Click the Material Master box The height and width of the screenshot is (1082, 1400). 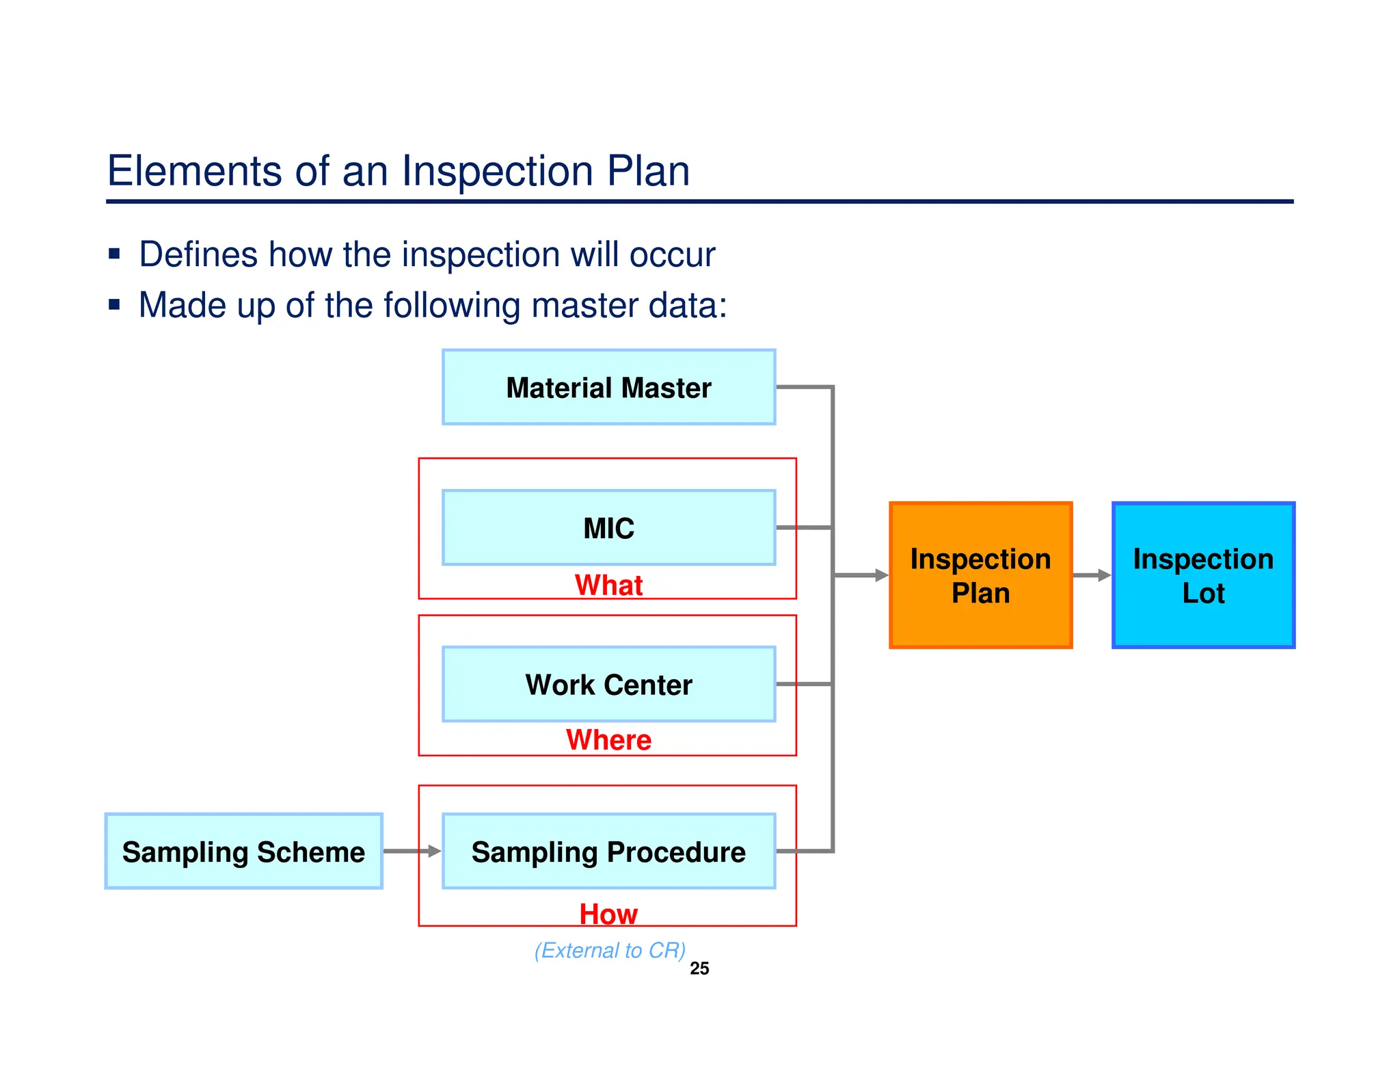coord(608,388)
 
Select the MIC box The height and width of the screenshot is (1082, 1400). coord(608,528)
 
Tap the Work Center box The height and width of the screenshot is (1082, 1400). coord(608,685)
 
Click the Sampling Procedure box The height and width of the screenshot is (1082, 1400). coord(608,852)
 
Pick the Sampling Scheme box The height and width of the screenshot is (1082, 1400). coord(243,852)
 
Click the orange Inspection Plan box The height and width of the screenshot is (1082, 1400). coord(980,576)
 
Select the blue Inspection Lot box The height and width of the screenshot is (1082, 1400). coord(1203,576)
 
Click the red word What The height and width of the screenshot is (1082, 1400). coord(608,585)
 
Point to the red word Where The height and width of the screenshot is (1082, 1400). coord(608,740)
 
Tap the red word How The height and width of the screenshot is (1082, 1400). coord(608,914)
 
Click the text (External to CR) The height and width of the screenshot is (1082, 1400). coord(610,951)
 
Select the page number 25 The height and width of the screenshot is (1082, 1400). coord(699,968)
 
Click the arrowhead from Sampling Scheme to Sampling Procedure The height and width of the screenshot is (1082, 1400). coord(435,852)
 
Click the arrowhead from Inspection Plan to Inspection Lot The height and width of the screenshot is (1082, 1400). coord(1104,576)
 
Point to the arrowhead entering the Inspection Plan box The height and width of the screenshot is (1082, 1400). coord(881,576)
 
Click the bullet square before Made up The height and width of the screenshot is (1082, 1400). coord(114,305)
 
